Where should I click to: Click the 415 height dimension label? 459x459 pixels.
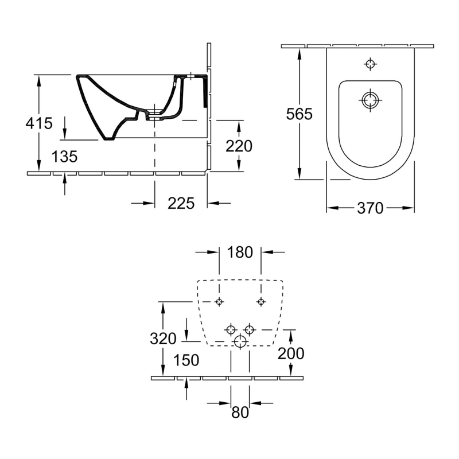click(39, 123)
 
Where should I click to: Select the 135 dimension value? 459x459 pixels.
click(64, 157)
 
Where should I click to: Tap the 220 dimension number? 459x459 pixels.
click(239, 146)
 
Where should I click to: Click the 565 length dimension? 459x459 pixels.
click(299, 114)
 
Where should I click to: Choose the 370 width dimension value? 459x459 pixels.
click(370, 208)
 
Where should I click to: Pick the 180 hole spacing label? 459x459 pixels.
click(240, 252)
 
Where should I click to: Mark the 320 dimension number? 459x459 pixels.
click(163, 339)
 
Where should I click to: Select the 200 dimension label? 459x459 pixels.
click(291, 353)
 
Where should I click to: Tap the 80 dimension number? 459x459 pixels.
click(240, 412)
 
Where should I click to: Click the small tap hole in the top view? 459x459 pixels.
click(370, 64)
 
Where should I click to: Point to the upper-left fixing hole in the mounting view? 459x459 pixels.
click(219, 302)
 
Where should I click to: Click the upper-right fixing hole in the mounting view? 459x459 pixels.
click(261, 302)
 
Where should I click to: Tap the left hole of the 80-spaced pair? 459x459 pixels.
click(231, 329)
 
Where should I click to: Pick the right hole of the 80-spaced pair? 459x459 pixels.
click(249, 329)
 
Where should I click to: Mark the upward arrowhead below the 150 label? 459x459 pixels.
click(186, 383)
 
